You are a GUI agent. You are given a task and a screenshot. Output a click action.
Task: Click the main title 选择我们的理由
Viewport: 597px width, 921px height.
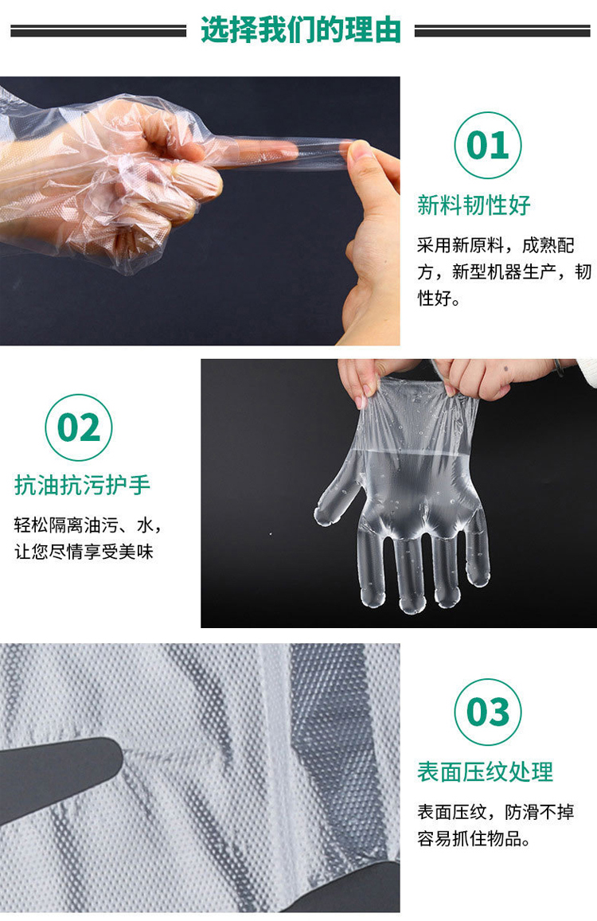(300, 29)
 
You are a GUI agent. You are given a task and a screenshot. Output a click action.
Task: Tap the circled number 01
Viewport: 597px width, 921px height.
(488, 145)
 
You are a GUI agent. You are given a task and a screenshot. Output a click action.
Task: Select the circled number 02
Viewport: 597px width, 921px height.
(79, 427)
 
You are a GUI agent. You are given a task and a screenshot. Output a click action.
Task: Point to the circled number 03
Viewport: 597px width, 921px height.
(488, 712)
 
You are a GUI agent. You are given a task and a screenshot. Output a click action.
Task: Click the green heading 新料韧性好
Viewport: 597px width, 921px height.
(474, 205)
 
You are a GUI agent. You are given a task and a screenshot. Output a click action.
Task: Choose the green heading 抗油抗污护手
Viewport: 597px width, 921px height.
(82, 485)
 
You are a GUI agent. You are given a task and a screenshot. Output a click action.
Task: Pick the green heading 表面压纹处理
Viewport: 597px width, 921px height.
(486, 771)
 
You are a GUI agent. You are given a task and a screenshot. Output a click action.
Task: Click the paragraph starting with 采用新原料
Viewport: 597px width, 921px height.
(504, 271)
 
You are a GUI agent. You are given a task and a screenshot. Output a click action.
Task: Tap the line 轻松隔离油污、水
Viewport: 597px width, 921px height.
(88, 525)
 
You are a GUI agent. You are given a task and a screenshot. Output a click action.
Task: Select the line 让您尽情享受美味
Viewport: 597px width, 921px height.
(84, 552)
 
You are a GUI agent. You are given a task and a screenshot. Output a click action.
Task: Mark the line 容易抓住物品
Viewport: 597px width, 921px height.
(474, 838)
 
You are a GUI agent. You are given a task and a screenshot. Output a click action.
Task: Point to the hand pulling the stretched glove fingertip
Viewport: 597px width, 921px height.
(370, 242)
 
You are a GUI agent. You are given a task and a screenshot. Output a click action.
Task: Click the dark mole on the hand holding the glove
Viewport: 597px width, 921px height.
(506, 369)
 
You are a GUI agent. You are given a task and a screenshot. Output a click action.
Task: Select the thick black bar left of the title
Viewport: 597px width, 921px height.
(98, 30)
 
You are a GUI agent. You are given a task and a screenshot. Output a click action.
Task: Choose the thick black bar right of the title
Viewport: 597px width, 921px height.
(502, 30)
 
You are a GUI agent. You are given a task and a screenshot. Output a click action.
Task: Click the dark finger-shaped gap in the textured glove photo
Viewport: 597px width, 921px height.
(59, 775)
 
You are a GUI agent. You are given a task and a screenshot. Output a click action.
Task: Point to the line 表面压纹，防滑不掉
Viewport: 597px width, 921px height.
(495, 812)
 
